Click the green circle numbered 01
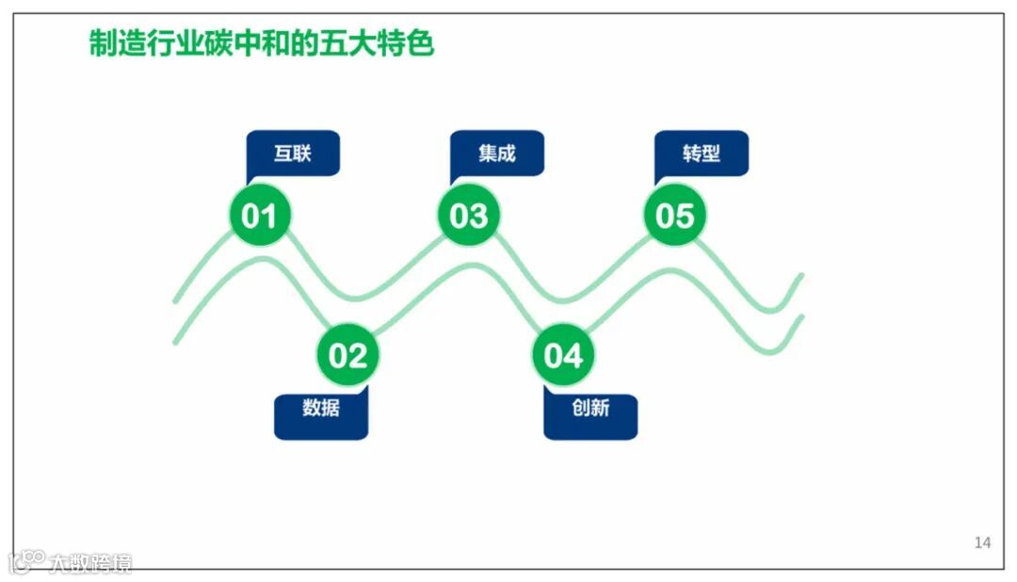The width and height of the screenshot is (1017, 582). pyautogui.click(x=260, y=216)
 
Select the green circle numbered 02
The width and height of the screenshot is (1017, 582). pyautogui.click(x=347, y=356)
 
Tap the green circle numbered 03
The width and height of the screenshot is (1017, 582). pyautogui.click(x=468, y=216)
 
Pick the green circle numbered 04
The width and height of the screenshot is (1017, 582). pyautogui.click(x=563, y=356)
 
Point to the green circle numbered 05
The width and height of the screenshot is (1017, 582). pyautogui.click(x=674, y=216)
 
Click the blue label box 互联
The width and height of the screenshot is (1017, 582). pyautogui.click(x=293, y=153)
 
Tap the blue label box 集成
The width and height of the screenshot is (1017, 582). pyautogui.click(x=497, y=153)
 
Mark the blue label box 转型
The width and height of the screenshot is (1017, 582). pyautogui.click(x=702, y=153)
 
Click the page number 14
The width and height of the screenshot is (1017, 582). pyautogui.click(x=982, y=542)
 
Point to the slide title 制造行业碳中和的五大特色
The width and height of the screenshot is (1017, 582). pyautogui.click(x=262, y=42)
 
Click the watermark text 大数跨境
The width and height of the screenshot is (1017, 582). pyautogui.click(x=90, y=563)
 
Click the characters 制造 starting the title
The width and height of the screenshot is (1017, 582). pyautogui.click(x=118, y=42)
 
